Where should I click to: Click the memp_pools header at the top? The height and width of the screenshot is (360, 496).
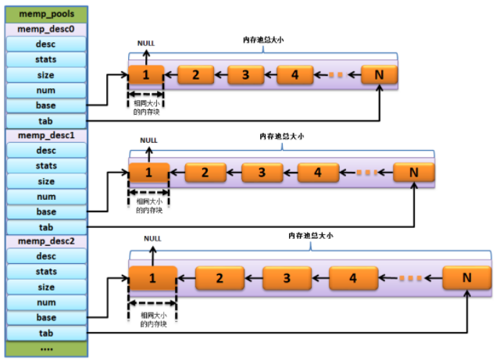click(x=46, y=14)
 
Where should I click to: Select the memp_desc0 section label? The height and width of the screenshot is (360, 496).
click(x=46, y=29)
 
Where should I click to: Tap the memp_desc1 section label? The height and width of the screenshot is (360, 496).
click(x=46, y=135)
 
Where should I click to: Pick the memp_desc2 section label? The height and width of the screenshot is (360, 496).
click(x=46, y=241)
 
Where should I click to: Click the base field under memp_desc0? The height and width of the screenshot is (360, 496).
click(x=46, y=105)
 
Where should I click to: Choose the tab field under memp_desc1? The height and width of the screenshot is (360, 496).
click(x=46, y=226)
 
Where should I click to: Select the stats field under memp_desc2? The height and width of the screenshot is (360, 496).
click(x=46, y=272)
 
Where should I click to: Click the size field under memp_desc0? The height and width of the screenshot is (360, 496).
click(x=46, y=74)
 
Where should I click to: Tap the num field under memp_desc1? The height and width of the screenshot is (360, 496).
click(x=46, y=196)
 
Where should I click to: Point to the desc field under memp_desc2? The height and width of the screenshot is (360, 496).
click(x=46, y=256)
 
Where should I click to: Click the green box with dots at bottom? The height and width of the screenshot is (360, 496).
click(x=46, y=348)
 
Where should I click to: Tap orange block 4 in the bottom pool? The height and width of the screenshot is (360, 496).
click(x=353, y=278)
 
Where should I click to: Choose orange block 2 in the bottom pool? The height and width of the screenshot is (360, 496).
click(x=219, y=278)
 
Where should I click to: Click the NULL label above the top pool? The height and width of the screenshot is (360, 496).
click(x=145, y=44)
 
